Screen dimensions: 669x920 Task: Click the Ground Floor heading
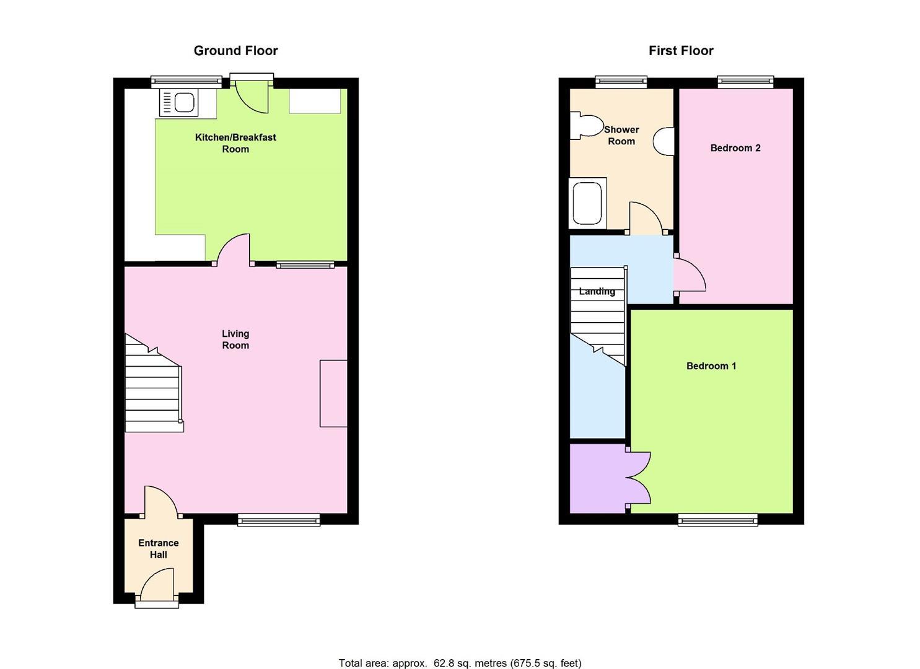pyautogui.click(x=235, y=51)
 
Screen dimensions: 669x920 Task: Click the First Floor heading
pyautogui.click(x=681, y=51)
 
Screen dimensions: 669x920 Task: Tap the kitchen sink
pyautogui.click(x=179, y=102)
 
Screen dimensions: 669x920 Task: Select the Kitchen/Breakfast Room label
pyautogui.click(x=235, y=143)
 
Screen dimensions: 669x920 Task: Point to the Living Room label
pyautogui.click(x=235, y=339)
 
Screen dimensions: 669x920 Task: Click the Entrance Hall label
pyautogui.click(x=159, y=549)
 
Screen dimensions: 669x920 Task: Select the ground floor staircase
pyautogui.click(x=154, y=387)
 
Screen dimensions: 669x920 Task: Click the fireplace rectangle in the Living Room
pyautogui.click(x=333, y=393)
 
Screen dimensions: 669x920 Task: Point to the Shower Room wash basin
pyautogui.click(x=665, y=141)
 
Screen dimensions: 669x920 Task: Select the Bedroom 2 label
pyautogui.click(x=735, y=148)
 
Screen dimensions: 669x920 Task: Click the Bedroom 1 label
pyautogui.click(x=711, y=366)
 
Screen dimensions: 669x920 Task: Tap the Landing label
pyautogui.click(x=597, y=291)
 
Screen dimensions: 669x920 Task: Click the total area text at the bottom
pyautogui.click(x=460, y=663)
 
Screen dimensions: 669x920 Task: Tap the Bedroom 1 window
pyautogui.click(x=717, y=520)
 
